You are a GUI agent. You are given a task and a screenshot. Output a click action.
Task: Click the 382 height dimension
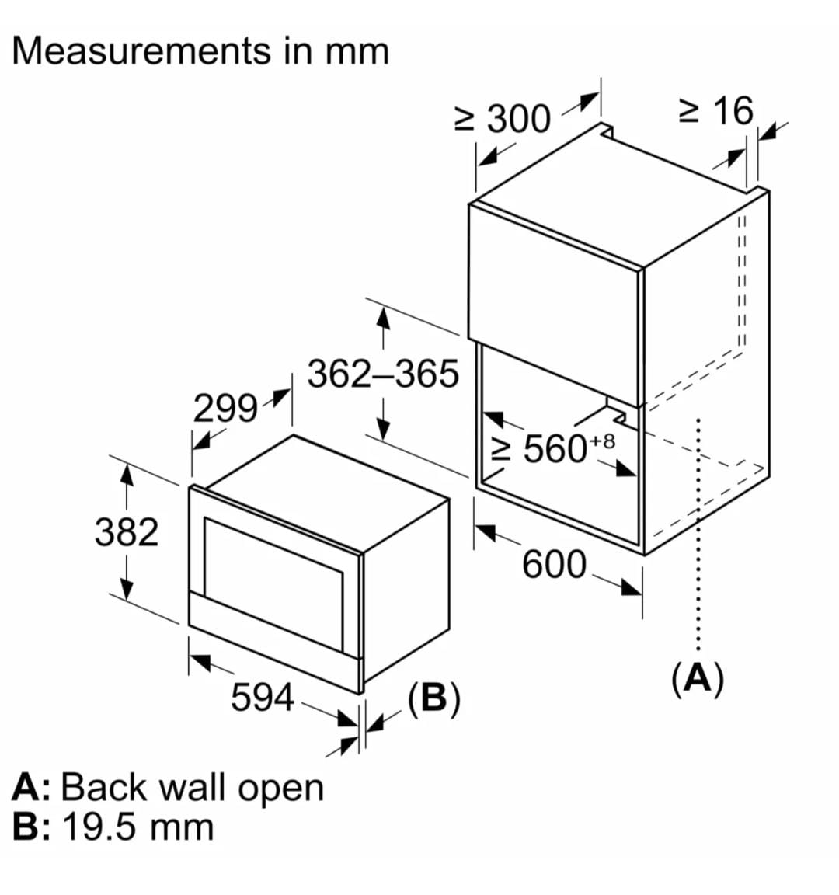point(126,533)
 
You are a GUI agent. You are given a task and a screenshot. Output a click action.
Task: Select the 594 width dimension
point(263,697)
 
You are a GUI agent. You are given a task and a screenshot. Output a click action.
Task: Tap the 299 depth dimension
point(225,408)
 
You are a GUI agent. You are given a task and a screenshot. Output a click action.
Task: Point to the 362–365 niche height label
point(383,374)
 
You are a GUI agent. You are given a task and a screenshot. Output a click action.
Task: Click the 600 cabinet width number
point(554,564)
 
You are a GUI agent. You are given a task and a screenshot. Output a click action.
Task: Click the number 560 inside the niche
point(555,448)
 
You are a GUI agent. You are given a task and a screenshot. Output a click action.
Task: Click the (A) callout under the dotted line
point(697,678)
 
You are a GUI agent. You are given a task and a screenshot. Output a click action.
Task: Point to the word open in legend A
point(280,788)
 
